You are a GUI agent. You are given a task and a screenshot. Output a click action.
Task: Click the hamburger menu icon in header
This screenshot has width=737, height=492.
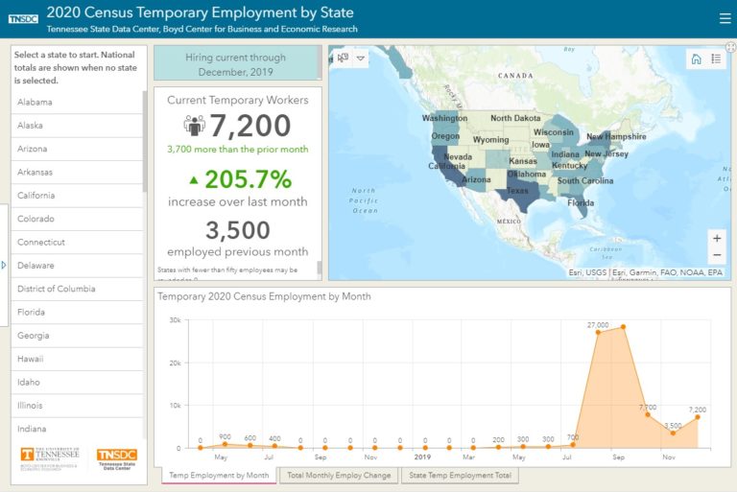pyautogui.click(x=725, y=17)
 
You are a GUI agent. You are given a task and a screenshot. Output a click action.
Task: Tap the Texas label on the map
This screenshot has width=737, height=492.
pyautogui.click(x=516, y=190)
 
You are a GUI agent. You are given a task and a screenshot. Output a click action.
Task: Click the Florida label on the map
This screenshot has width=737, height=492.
pyautogui.click(x=581, y=202)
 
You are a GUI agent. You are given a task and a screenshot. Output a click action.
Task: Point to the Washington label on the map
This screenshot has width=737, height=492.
pyautogui.click(x=444, y=119)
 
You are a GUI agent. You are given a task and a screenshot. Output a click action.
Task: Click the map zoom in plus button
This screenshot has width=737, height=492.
pyautogui.click(x=717, y=238)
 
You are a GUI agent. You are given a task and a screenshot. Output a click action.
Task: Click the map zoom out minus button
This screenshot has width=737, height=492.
pyautogui.click(x=717, y=255)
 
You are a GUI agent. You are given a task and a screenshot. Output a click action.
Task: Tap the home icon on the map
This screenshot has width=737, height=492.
pyautogui.click(x=697, y=59)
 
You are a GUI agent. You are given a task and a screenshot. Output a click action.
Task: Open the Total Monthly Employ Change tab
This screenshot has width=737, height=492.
pyautogui.click(x=339, y=476)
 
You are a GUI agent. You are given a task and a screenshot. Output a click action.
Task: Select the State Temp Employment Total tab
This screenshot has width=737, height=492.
pyautogui.click(x=460, y=476)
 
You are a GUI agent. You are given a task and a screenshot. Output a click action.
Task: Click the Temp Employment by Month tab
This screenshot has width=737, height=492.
pyautogui.click(x=219, y=476)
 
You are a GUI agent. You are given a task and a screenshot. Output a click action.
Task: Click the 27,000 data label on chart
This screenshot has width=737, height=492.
pyautogui.click(x=598, y=326)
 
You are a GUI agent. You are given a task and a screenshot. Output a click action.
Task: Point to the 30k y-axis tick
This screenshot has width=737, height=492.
pyautogui.click(x=175, y=320)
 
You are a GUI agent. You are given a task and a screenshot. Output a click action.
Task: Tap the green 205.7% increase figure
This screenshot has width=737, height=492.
pyautogui.click(x=238, y=179)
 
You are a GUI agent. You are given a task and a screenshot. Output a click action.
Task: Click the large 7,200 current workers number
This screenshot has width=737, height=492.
pyautogui.click(x=250, y=126)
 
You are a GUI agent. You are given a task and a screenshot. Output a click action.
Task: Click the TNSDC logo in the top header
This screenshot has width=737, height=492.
pyautogui.click(x=22, y=18)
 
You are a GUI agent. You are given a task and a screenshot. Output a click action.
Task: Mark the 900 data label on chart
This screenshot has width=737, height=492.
pyautogui.click(x=225, y=436)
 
